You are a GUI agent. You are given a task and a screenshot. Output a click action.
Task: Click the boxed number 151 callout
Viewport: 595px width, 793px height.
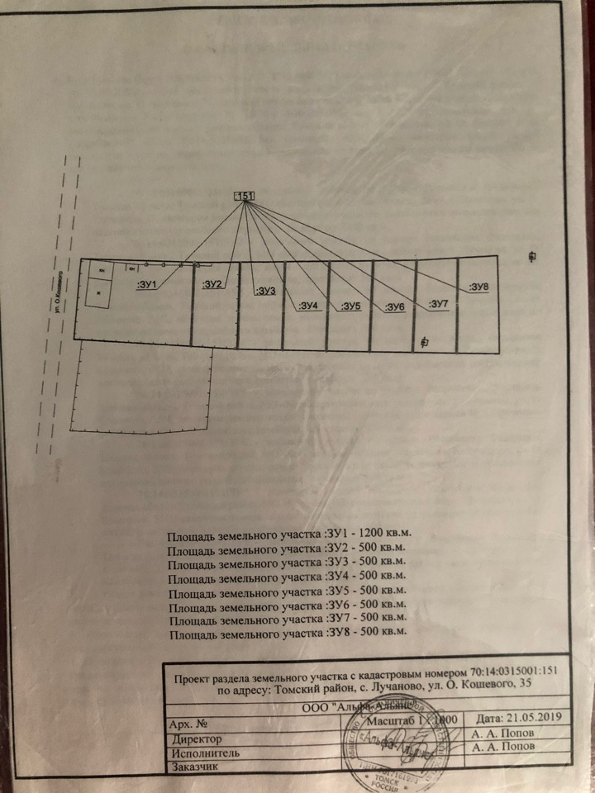tap(245, 196)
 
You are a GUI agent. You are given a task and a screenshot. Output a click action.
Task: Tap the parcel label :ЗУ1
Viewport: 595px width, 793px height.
tap(146, 285)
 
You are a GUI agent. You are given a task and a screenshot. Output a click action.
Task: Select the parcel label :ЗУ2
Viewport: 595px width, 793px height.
tap(212, 285)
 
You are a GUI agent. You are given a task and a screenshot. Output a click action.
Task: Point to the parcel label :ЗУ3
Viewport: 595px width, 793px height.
tap(265, 291)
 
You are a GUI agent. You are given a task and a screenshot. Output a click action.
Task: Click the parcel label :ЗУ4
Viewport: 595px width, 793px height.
tap(307, 306)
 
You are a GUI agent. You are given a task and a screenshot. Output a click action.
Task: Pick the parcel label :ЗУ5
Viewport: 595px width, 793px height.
tap(350, 306)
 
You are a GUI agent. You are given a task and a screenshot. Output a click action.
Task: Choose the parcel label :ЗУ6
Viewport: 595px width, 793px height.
tap(394, 307)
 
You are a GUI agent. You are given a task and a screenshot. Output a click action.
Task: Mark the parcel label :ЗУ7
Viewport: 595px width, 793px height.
tap(438, 305)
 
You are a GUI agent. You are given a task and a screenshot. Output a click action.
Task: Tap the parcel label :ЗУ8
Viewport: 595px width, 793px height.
tap(479, 287)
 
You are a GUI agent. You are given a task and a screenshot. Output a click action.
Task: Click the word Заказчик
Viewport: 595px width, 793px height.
tap(195, 767)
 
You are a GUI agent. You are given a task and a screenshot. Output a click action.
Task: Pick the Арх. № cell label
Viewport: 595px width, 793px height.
tap(186, 723)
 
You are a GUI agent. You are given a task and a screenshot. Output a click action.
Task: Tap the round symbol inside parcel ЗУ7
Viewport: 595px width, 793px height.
tap(424, 341)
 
